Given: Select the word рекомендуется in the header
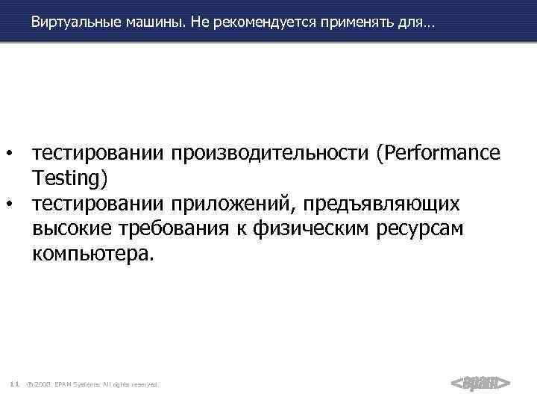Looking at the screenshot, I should [x=254, y=24].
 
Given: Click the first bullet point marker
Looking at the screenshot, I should [x=10, y=154].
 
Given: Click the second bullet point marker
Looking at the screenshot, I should [x=10, y=203].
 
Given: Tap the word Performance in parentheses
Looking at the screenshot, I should [x=438, y=153].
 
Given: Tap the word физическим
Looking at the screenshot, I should [x=306, y=229].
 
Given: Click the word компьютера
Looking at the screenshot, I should [x=92, y=254].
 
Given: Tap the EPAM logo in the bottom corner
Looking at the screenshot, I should [x=480, y=383].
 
